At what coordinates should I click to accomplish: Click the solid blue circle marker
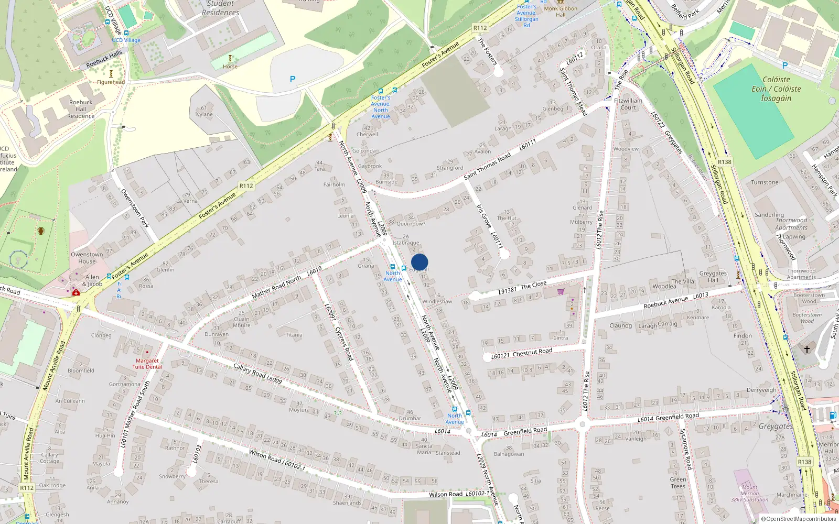click(x=419, y=262)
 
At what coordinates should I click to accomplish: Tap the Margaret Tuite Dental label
click(x=147, y=364)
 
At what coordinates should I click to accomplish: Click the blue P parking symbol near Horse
click(x=293, y=79)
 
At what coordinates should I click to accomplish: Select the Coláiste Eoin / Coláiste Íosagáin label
click(x=776, y=89)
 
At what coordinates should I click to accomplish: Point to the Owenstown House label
click(x=87, y=258)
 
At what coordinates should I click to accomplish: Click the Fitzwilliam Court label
click(x=628, y=104)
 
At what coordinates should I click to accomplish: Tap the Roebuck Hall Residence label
click(x=81, y=109)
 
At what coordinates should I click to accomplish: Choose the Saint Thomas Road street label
click(x=487, y=166)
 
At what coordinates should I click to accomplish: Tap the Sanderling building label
click(x=769, y=215)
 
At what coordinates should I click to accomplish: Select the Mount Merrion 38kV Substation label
click(x=750, y=493)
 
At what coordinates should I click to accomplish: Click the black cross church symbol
click(x=807, y=348)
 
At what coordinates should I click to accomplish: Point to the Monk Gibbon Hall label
click(x=561, y=12)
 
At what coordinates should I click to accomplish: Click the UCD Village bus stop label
click(x=126, y=40)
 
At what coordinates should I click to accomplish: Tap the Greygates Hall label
click(x=713, y=277)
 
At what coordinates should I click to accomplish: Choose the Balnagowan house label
click(x=509, y=454)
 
